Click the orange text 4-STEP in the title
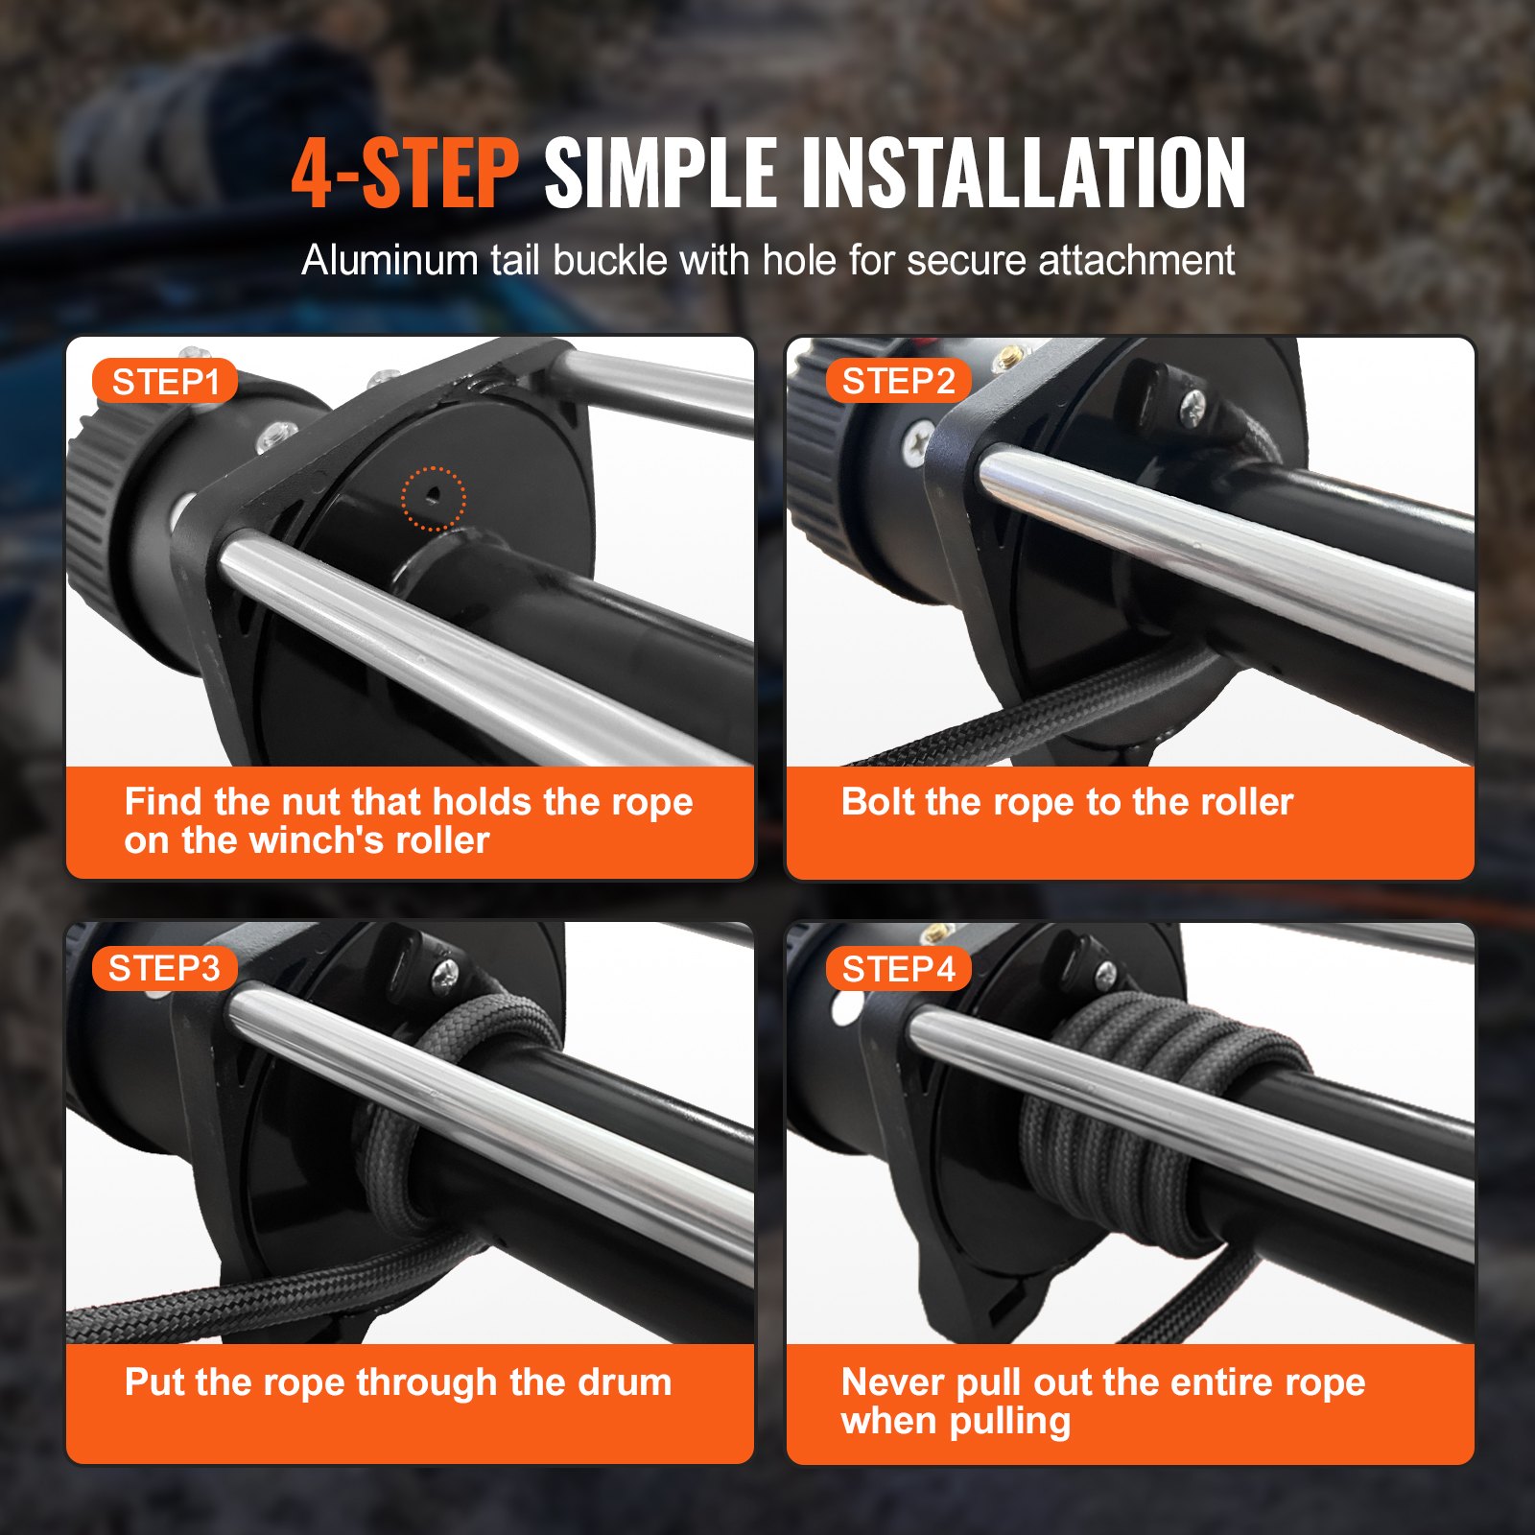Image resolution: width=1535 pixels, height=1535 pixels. tap(405, 174)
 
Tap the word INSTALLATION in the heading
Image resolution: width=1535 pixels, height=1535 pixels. tap(1023, 174)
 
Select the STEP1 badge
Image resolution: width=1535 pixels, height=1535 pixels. tap(165, 382)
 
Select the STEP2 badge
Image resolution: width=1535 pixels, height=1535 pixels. tap(898, 381)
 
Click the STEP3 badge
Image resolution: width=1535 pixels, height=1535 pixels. tap(164, 968)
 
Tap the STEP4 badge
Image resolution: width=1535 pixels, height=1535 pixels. tap(898, 969)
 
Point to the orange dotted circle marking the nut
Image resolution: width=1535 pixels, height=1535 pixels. tap(433, 498)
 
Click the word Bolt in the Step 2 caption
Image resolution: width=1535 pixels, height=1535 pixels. tap(877, 802)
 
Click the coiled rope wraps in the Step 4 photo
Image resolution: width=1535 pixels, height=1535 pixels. tap(1151, 1103)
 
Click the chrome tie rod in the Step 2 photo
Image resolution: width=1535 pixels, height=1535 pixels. tap(1218, 556)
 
